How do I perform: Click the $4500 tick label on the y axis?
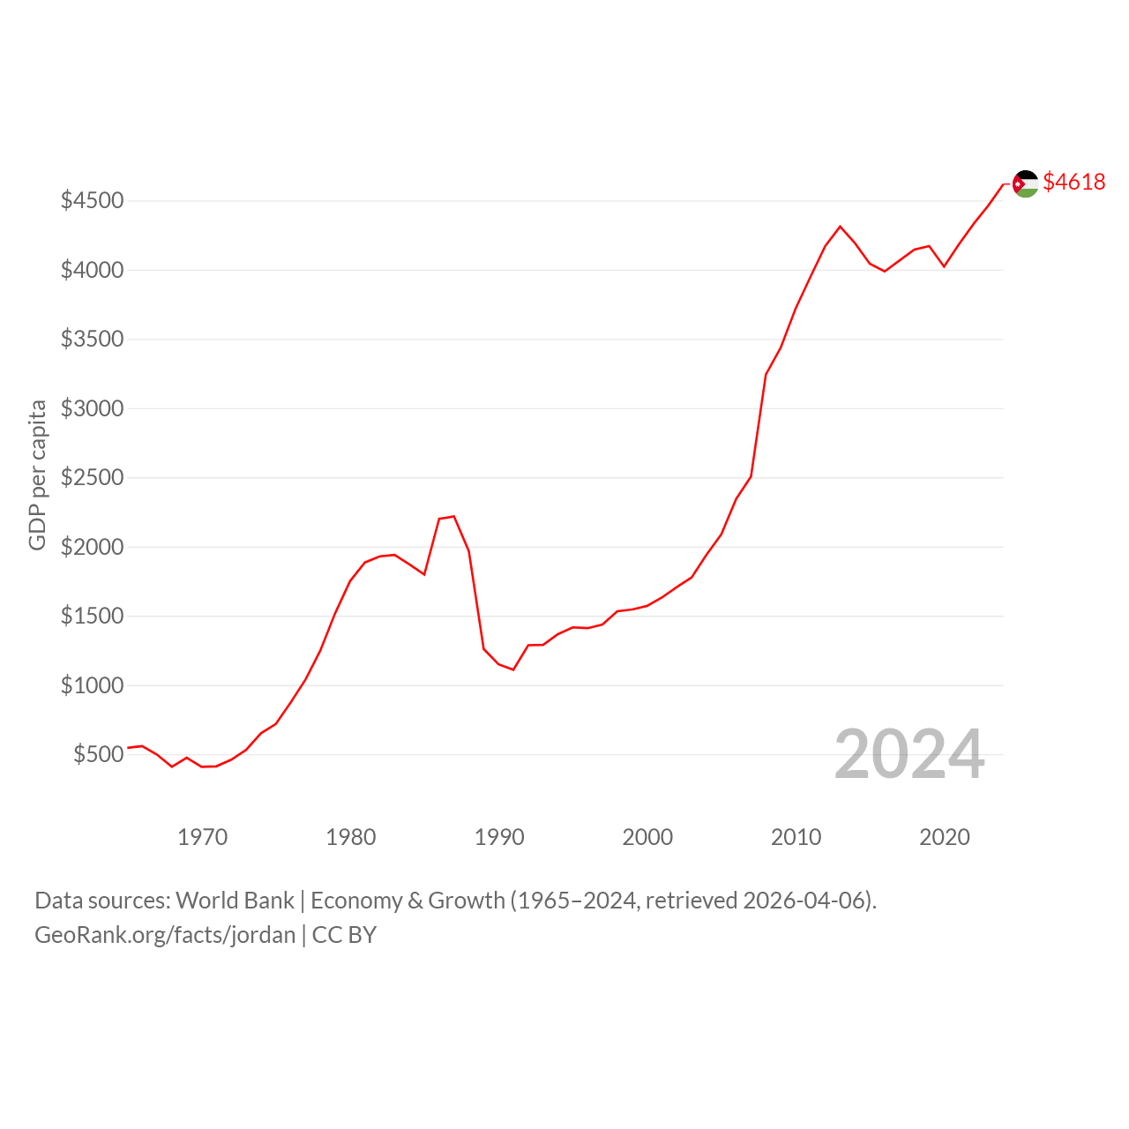click(x=92, y=200)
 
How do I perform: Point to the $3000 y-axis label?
click(x=92, y=408)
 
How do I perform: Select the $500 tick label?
click(x=99, y=754)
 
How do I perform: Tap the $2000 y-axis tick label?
click(x=92, y=547)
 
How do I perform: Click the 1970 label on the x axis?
click(x=202, y=837)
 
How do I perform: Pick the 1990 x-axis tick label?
click(x=499, y=837)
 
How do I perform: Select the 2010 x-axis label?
click(x=796, y=837)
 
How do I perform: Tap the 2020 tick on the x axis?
click(x=945, y=837)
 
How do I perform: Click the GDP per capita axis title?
click(x=37, y=475)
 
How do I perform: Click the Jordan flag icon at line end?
click(x=1025, y=184)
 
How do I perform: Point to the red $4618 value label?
click(x=1074, y=182)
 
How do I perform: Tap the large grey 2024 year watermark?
click(x=909, y=754)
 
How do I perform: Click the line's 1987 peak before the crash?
click(x=454, y=516)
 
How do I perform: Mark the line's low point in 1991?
click(x=513, y=669)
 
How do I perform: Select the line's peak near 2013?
click(x=841, y=226)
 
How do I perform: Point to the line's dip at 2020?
click(x=944, y=266)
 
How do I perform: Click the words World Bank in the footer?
click(x=235, y=901)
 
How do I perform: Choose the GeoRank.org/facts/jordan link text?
click(x=165, y=935)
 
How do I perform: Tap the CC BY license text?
click(x=344, y=935)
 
